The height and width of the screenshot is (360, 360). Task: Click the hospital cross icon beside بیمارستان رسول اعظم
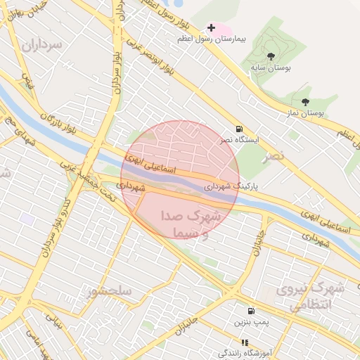211,27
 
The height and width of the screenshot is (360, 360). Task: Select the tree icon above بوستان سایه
271,56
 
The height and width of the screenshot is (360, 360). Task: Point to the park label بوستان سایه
271,68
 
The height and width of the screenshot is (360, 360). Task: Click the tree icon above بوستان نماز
304,102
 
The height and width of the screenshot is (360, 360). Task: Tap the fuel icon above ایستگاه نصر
240,129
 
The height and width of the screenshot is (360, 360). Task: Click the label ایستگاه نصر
239,140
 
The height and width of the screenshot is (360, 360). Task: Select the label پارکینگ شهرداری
231,188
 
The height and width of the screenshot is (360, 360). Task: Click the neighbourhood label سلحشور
110,290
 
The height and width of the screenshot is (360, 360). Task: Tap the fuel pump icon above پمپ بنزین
250,311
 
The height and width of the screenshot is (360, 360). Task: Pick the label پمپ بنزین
250,322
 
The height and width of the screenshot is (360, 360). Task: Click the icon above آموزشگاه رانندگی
245,342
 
